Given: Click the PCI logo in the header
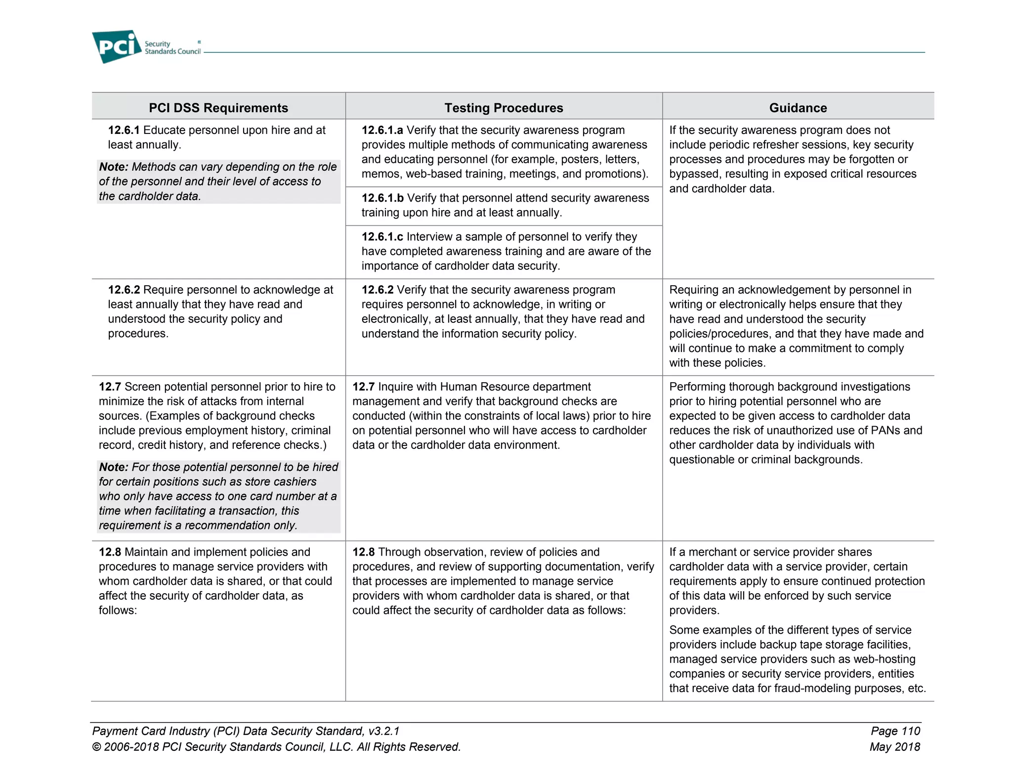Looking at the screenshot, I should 117,46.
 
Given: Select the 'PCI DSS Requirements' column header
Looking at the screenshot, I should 218,108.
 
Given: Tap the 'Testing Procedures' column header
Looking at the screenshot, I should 504,108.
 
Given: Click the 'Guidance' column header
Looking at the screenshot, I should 798,108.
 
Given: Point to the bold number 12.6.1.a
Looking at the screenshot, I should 382,130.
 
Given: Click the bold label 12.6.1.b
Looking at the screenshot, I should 382,198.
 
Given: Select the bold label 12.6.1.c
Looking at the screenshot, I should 382,237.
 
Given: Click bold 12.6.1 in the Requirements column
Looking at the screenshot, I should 124,130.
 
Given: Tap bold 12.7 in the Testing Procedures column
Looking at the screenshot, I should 363,387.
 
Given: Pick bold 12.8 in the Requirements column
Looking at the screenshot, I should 110,552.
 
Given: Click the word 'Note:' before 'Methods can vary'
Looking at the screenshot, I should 114,167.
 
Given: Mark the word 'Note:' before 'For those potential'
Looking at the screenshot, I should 114,467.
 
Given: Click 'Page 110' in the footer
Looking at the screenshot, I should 895,731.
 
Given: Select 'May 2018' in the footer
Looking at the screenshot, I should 894,747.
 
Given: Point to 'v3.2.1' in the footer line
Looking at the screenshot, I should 383,731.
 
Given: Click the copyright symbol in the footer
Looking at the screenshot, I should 97,747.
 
